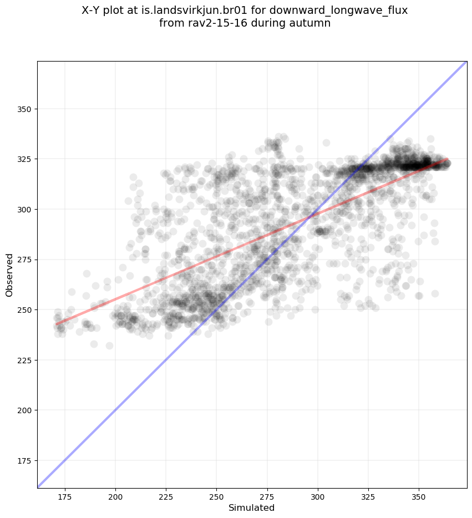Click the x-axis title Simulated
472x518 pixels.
pos(252,507)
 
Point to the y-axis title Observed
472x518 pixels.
pos(9,275)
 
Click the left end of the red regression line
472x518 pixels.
pos(56,324)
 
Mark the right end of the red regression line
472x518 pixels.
pos(448,159)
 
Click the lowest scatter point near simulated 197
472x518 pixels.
pos(109,346)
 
